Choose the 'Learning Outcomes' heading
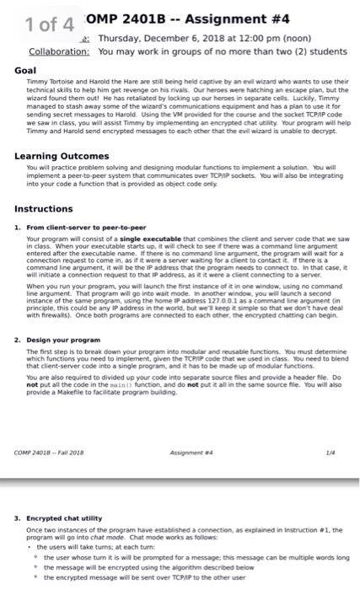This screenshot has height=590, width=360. click(56, 156)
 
